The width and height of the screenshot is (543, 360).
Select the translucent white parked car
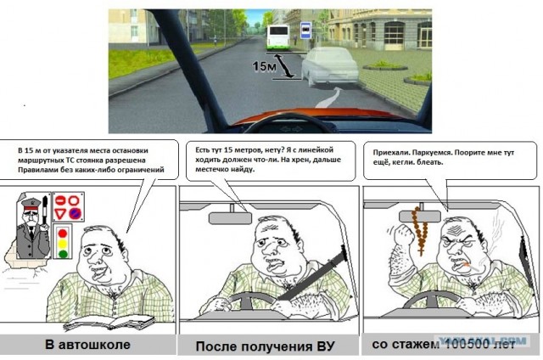331,65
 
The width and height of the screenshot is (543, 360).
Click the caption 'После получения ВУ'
266,346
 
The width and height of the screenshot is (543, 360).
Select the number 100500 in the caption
470,345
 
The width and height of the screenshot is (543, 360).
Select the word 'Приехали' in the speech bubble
392,154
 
